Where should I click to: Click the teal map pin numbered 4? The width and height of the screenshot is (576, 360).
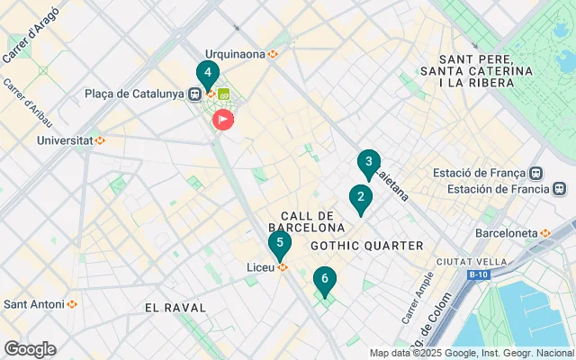[x=208, y=73]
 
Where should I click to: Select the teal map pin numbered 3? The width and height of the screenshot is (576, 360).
[x=368, y=163]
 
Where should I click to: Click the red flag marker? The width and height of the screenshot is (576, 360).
[x=222, y=119]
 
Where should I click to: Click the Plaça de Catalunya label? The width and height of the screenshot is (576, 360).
[x=136, y=94]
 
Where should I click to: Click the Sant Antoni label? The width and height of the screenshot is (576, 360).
[x=35, y=304]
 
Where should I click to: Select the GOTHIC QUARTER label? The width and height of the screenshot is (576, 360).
[x=366, y=246]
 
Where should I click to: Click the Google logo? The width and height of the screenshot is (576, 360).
[x=30, y=348]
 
